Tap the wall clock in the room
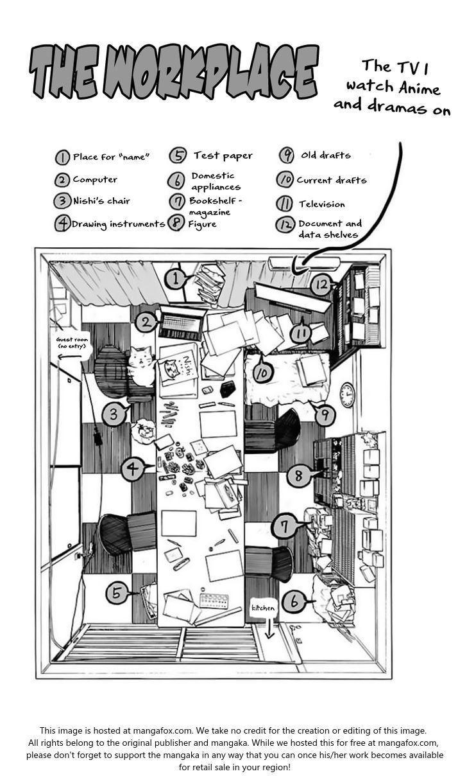coord(347,394)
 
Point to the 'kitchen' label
coord(263,608)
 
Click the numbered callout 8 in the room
coord(298,476)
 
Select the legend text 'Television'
coord(321,204)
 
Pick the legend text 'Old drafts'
coord(326,155)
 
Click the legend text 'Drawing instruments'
coord(118,224)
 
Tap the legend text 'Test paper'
coord(223,155)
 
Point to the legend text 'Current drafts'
coord(331,180)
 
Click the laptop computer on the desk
coord(180,325)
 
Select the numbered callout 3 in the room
coord(114,415)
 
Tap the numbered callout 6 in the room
coord(294,602)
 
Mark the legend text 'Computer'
coord(95,180)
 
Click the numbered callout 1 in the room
coord(174,278)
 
